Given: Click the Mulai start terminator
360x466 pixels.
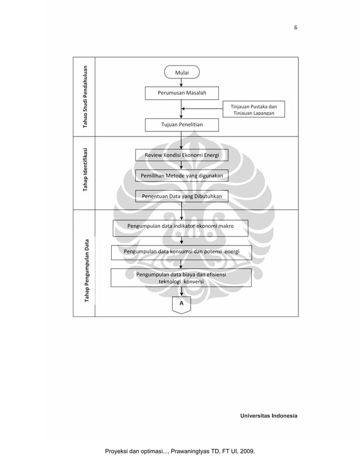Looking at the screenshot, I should coord(181,72).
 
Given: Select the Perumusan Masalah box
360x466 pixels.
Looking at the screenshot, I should coord(181,93).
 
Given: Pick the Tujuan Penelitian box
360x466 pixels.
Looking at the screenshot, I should coord(181,124).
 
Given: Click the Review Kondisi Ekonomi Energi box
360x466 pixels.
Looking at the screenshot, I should coord(182,155).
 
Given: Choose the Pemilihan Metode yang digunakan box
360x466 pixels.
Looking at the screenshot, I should coord(182,176).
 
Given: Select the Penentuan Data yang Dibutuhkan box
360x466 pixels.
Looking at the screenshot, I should coord(182,196).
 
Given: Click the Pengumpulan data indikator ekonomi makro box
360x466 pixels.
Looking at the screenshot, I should coord(181,228).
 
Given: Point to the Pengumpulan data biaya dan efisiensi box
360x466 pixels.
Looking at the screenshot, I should coord(181,278).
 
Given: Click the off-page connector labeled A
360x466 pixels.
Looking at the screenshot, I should coord(181,304).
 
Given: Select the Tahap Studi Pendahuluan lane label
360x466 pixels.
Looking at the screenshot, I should coord(85,96).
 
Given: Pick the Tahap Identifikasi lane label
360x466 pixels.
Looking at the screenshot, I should coord(85,172).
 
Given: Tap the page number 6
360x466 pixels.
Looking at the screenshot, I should coord(295,27).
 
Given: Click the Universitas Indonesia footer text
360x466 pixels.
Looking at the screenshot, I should coord(269,416).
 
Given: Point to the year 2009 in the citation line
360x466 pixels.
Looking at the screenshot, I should coord(246,452).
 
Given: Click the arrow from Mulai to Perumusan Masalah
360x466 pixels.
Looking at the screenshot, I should coord(181,82).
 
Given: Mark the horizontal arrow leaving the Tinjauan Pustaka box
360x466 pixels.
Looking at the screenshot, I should coord(202,109).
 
